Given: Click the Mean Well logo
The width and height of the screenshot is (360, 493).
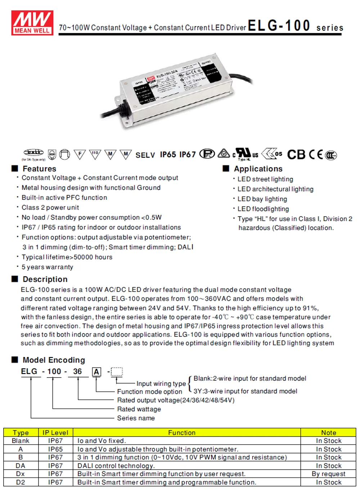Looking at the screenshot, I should [32, 23].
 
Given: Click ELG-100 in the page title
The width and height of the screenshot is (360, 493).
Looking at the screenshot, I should [279, 26].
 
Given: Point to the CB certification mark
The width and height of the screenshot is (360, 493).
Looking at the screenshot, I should [296, 154].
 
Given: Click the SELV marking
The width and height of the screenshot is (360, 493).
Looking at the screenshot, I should [145, 155].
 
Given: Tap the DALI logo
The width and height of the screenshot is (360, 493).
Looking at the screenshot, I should [33, 153].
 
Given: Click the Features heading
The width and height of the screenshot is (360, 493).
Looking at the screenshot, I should [39, 169].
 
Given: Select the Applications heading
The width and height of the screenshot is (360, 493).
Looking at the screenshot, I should [258, 169].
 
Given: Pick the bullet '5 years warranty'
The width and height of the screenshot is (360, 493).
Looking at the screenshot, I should [47, 267].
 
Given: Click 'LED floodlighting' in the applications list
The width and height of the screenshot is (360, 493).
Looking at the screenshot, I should [263, 209].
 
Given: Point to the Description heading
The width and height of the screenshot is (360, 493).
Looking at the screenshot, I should [45, 279].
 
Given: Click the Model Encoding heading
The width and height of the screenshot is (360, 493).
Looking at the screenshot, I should [54, 360].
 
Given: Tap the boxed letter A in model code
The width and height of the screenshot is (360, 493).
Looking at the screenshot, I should [96, 372].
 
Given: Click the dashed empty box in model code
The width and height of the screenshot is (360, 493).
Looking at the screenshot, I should [117, 371].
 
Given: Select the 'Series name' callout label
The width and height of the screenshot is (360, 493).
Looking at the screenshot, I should [136, 418].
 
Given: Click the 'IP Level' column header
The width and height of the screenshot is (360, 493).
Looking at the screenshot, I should [55, 433].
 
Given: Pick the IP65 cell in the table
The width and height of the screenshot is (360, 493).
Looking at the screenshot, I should [55, 449].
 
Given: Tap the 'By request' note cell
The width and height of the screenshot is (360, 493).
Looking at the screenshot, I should [328, 474].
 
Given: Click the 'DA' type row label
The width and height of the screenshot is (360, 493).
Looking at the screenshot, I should [21, 466].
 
